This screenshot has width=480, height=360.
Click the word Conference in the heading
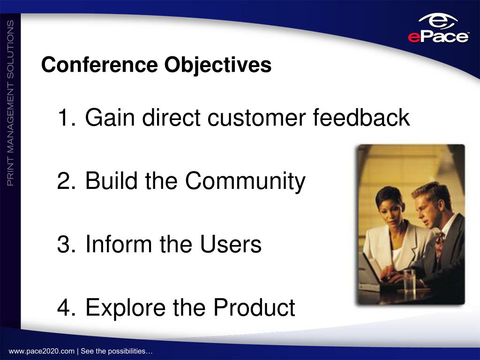coord(99,65)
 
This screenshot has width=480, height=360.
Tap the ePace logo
coord(438,29)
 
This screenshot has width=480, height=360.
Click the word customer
coord(256,118)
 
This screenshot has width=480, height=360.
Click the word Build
coord(112,180)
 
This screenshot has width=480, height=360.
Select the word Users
coord(231,244)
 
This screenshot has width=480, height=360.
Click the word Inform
coord(119,243)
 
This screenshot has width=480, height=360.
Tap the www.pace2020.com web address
coord(42,351)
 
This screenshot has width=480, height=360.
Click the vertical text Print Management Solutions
coord(10,103)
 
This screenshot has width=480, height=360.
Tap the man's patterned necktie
coord(440,244)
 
